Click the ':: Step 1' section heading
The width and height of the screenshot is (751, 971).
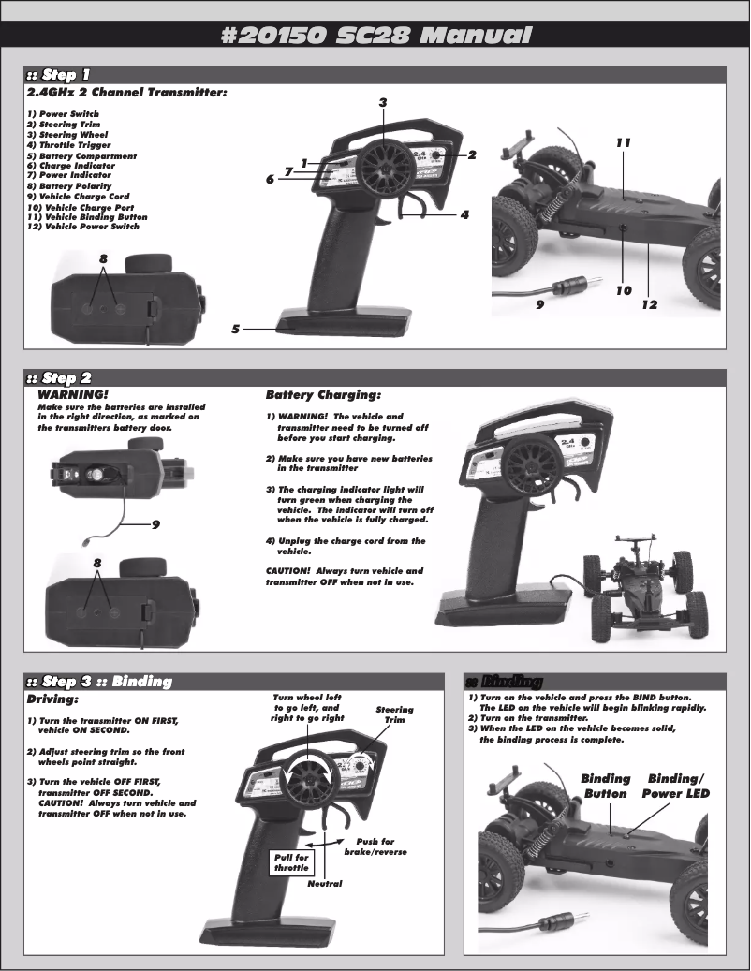[x=59, y=75]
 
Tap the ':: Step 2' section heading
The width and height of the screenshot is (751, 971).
[x=59, y=378]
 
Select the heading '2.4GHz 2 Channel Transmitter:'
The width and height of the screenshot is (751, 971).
[x=127, y=93]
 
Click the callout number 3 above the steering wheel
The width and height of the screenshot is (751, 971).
[x=383, y=101]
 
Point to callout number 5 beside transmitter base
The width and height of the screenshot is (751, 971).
[x=236, y=329]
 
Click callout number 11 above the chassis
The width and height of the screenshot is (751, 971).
[x=624, y=143]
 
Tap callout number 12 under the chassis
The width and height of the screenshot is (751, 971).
[x=649, y=304]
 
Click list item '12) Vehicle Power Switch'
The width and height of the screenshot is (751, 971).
[x=83, y=227]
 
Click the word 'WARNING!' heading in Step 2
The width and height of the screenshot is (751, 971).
[x=72, y=395]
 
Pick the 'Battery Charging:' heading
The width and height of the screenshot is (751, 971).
[x=323, y=395]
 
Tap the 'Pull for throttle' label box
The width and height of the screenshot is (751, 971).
[x=291, y=862]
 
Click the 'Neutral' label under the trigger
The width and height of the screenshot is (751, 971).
[x=325, y=884]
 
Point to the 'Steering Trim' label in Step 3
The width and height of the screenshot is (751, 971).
[x=394, y=714]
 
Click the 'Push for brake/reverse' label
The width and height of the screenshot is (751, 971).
[x=375, y=846]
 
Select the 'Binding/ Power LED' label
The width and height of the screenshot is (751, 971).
[x=675, y=787]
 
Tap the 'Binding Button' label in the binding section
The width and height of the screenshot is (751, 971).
[x=605, y=787]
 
